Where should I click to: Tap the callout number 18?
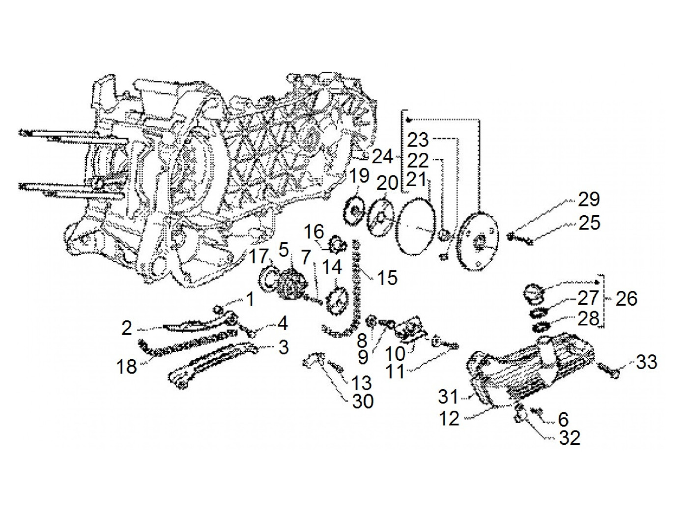(127, 366)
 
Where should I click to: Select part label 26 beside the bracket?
(625, 298)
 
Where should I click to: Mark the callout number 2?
(127, 328)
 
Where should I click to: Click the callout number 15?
(387, 278)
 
